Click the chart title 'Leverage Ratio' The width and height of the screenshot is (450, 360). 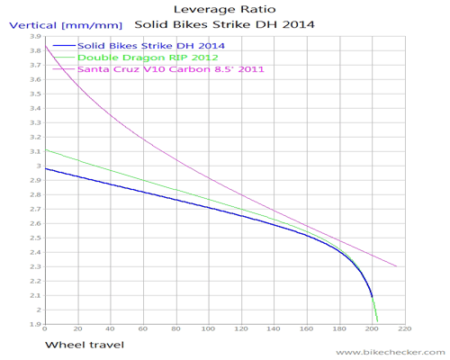tap(224, 8)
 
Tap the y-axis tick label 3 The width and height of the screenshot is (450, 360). tap(38, 166)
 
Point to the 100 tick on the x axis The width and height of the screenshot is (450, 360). tap(208, 329)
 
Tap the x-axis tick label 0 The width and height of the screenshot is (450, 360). tap(44, 329)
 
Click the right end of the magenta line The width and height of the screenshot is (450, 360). tap(397, 266)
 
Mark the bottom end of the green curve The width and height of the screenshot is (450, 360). tap(377, 321)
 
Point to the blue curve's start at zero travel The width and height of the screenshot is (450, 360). tap(45, 168)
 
